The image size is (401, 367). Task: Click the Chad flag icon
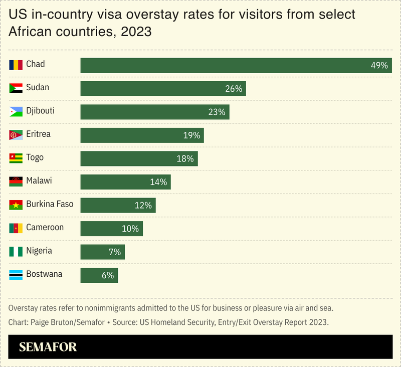(x=16, y=65)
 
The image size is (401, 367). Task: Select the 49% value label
(x=379, y=65)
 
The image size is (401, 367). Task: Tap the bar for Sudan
(x=163, y=88)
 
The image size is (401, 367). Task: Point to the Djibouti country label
(x=40, y=111)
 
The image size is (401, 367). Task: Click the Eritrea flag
(x=16, y=135)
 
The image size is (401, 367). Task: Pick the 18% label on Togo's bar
(x=185, y=158)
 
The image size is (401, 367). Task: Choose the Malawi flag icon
(x=16, y=181)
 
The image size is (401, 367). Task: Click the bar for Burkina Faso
(x=118, y=205)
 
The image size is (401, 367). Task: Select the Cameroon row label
(x=45, y=227)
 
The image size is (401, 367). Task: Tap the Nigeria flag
(x=16, y=251)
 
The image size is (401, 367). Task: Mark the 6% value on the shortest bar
(x=108, y=275)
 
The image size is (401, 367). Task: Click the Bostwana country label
(x=44, y=274)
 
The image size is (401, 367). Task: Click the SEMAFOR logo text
(x=48, y=347)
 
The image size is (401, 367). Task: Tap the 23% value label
(x=217, y=112)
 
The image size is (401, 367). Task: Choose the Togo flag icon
(x=16, y=158)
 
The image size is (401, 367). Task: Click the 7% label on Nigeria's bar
(x=115, y=252)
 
